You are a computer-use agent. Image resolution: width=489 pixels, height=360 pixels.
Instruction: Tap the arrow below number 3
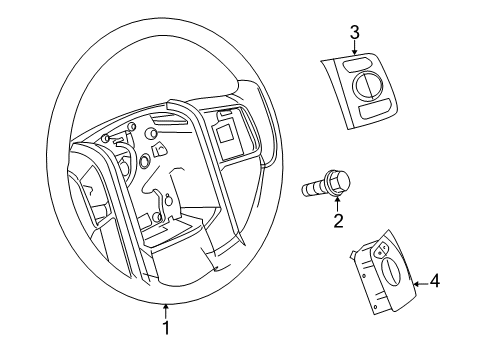coord(354,53)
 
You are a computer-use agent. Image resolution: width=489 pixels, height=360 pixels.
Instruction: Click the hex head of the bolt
coord(341,182)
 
